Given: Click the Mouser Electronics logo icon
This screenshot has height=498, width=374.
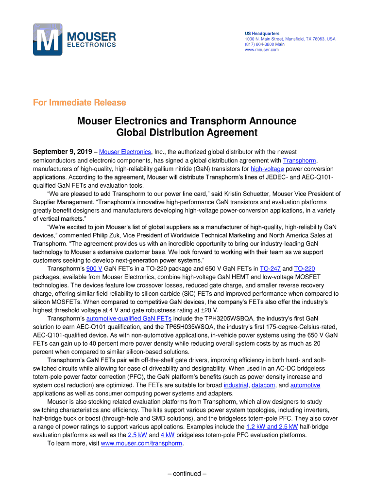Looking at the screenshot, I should (48, 40).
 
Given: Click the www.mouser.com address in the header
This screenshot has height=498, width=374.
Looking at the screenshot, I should (261, 50).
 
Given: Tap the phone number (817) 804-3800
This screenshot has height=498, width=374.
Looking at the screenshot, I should (259, 44).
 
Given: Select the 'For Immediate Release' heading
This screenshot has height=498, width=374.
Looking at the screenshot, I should (79, 103).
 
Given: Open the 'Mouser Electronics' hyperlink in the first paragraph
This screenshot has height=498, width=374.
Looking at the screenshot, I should (125, 152).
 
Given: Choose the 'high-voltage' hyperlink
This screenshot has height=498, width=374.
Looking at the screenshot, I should (267, 169).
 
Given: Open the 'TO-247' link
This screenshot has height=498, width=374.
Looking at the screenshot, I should (270, 268).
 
